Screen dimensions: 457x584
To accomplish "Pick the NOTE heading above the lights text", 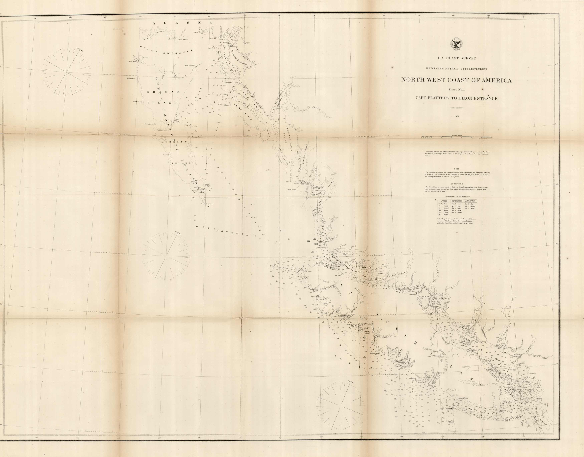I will tap(457, 169).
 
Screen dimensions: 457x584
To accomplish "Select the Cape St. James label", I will tap(207, 204).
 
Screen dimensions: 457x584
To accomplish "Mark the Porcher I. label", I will tap(230, 83).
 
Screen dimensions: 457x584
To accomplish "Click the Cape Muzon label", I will tap(147, 39).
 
